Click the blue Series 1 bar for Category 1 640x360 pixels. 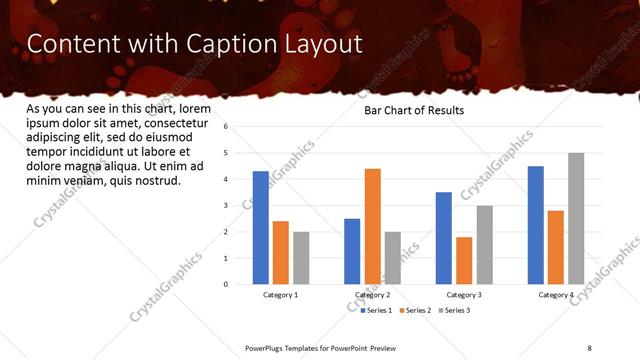coord(261,228)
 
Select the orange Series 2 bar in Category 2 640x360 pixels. coord(372,226)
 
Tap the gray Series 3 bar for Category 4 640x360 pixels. coord(576,219)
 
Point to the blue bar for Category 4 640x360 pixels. coord(536,225)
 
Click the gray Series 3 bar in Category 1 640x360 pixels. coord(301,258)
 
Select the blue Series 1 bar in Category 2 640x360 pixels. coord(352,251)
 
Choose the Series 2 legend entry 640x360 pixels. coord(417,311)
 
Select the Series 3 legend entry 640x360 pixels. coord(455,311)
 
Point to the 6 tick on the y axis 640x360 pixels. coord(227,127)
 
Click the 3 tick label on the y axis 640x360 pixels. coord(227,206)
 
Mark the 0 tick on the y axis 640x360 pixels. coord(227,284)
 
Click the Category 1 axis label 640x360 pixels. coord(281,295)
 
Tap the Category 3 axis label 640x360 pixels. coord(464,295)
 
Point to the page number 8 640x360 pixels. coord(589,347)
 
